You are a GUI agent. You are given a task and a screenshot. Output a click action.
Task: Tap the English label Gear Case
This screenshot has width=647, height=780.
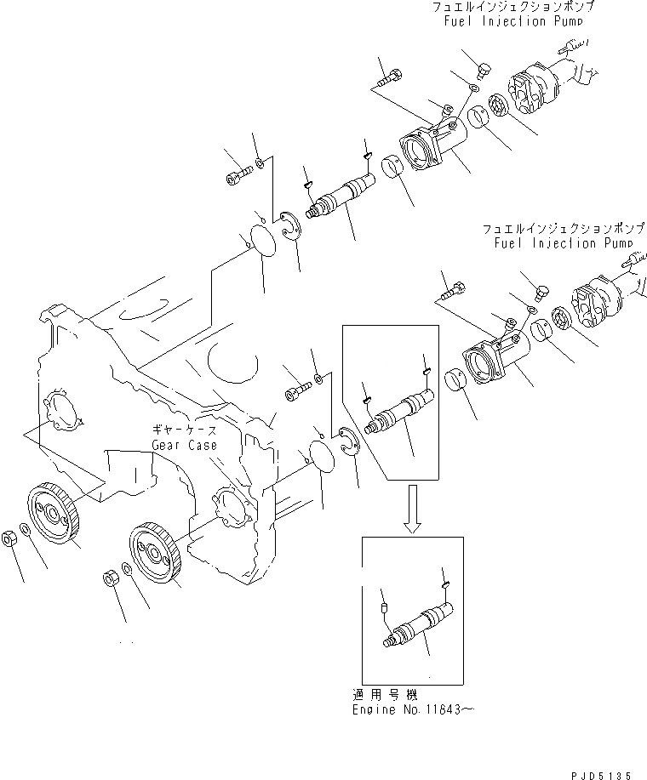(x=185, y=445)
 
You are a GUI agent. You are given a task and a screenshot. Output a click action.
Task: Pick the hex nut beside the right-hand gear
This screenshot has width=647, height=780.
(x=110, y=578)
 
